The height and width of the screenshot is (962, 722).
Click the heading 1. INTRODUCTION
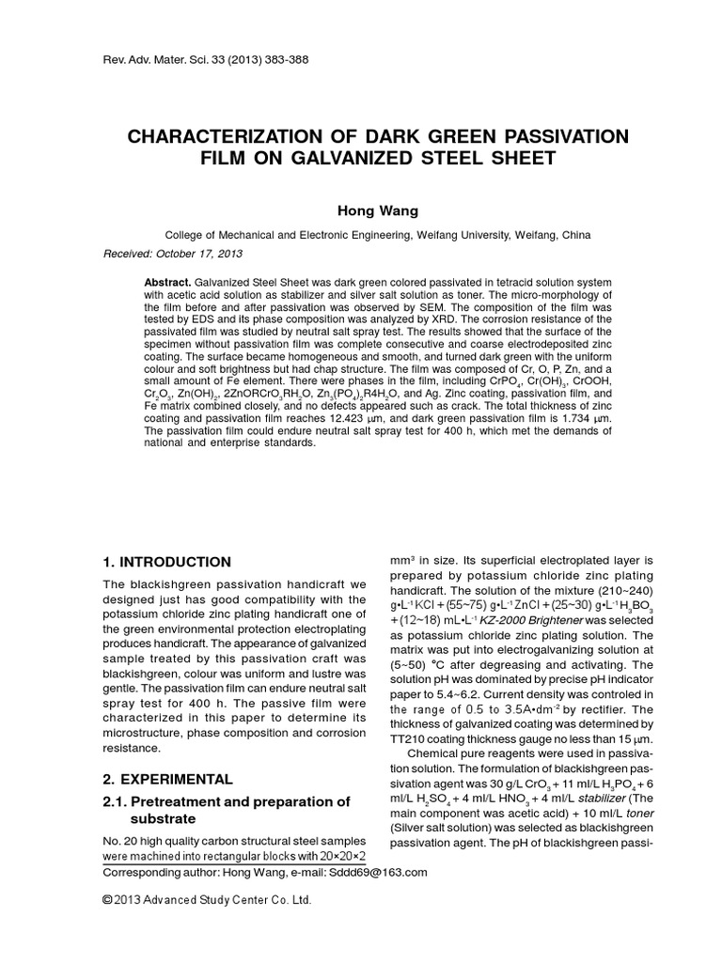[166, 562]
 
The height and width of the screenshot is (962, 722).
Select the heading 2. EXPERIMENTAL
[167, 780]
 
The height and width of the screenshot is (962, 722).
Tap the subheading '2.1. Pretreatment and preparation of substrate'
[226, 810]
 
